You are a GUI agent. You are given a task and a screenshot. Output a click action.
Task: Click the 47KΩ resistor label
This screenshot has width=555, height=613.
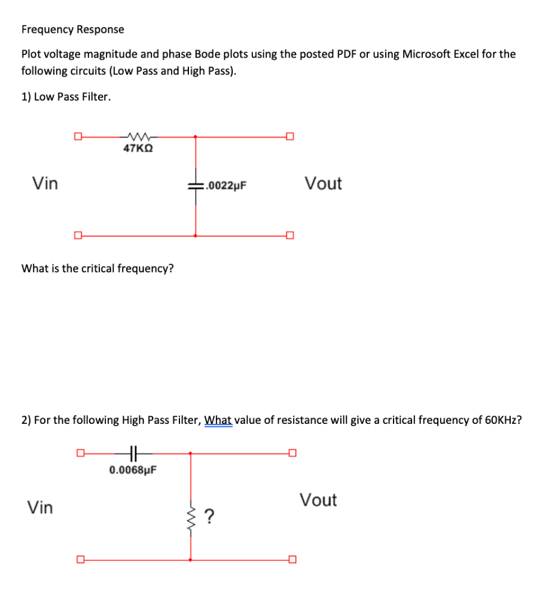(x=138, y=148)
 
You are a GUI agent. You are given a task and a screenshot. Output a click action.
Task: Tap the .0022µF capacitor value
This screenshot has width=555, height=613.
(x=225, y=186)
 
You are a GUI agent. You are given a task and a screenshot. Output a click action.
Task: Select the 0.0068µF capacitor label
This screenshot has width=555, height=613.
(x=133, y=470)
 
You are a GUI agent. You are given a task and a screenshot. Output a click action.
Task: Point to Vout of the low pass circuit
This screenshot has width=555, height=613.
(x=323, y=183)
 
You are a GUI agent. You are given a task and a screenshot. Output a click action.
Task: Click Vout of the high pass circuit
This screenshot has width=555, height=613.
(x=318, y=500)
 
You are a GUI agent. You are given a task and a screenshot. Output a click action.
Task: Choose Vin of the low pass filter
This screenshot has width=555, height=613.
(x=45, y=183)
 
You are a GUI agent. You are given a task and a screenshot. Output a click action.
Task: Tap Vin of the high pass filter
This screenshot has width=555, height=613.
(x=40, y=508)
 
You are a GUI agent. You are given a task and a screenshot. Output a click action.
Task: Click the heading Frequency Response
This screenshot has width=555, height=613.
(x=73, y=29)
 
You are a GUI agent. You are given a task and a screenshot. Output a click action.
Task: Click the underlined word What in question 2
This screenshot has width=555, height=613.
(x=218, y=420)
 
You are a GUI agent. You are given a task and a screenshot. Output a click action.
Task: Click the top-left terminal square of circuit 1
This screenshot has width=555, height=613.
(x=77, y=136)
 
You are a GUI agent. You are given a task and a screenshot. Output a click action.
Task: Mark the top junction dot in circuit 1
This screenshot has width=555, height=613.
(x=196, y=136)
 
